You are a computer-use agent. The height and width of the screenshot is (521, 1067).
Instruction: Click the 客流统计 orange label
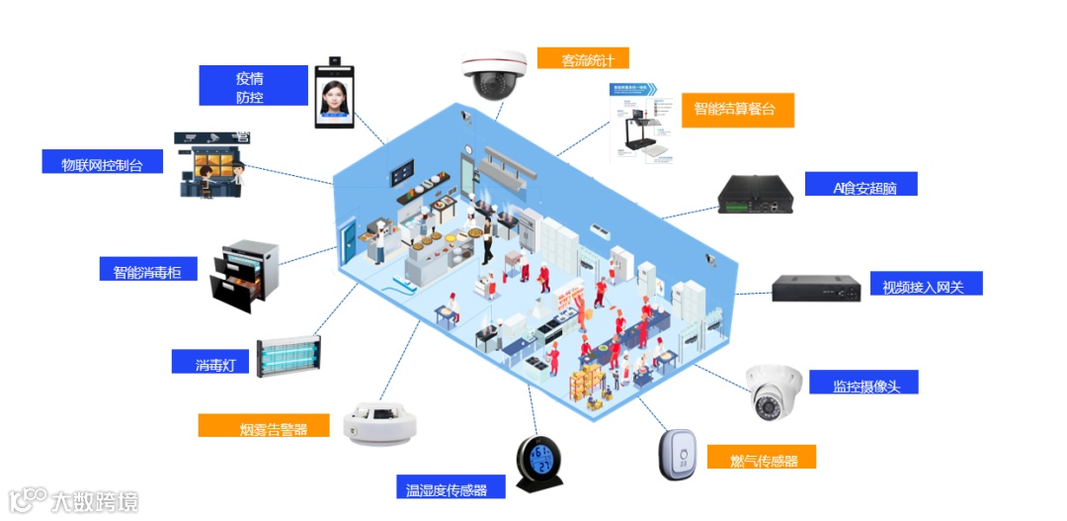click(x=583, y=58)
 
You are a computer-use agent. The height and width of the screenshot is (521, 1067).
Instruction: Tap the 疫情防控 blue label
click(x=250, y=86)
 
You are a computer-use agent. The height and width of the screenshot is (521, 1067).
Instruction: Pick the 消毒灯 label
click(x=210, y=363)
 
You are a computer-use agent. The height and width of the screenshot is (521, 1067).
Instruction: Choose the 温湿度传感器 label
click(x=450, y=486)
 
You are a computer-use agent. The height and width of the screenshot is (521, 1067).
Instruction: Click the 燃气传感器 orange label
click(x=765, y=458)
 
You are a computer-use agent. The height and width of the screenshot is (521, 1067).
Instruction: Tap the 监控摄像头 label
click(x=862, y=383)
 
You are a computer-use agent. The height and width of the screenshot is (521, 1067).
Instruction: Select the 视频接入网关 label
click(x=925, y=285)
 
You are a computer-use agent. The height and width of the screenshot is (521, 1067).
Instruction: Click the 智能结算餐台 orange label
click(x=737, y=110)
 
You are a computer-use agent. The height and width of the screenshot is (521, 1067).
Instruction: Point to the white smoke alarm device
click(x=380, y=424)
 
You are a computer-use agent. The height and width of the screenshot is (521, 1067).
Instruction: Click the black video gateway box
click(x=816, y=288)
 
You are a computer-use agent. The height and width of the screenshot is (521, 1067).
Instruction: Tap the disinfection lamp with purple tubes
click(x=287, y=357)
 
